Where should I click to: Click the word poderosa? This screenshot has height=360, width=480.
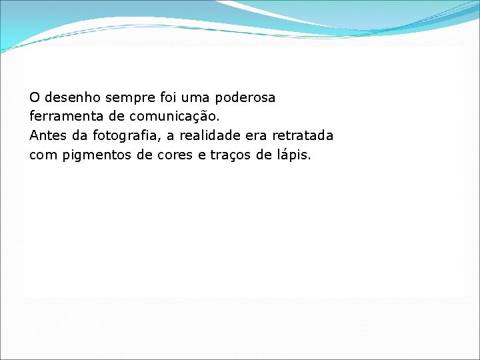(x=245, y=98)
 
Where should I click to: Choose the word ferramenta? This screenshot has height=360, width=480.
(x=60, y=117)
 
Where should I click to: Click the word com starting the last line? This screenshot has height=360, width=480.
(x=42, y=155)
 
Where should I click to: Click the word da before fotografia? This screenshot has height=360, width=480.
(x=80, y=136)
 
